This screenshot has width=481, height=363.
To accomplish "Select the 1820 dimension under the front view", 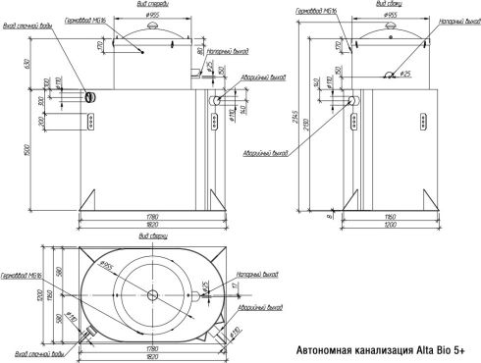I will click(x=149, y=223).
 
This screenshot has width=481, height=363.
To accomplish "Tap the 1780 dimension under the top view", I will click(x=150, y=345).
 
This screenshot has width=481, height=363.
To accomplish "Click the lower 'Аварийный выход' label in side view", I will click(x=267, y=153).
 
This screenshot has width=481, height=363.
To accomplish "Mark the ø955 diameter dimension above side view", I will click(x=391, y=16).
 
